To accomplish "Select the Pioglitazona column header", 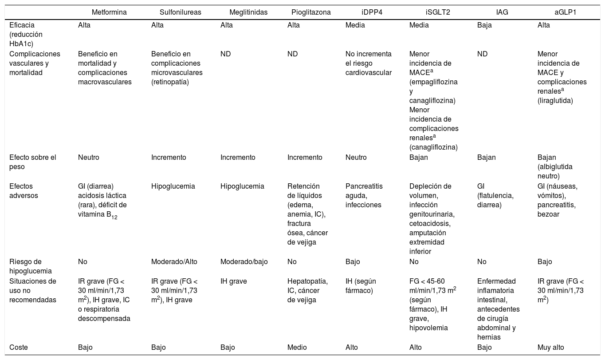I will click(311, 12).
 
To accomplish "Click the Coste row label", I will click(19, 348).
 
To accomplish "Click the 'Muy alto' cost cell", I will click(550, 348).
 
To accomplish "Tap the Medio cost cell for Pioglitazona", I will click(297, 348).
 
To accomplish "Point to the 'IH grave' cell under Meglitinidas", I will click(234, 281).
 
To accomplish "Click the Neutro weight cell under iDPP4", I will click(356, 158).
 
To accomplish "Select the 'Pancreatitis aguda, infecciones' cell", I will click(364, 196).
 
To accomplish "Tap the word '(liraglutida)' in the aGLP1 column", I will click(555, 101).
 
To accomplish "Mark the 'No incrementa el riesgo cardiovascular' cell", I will click(368, 63).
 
